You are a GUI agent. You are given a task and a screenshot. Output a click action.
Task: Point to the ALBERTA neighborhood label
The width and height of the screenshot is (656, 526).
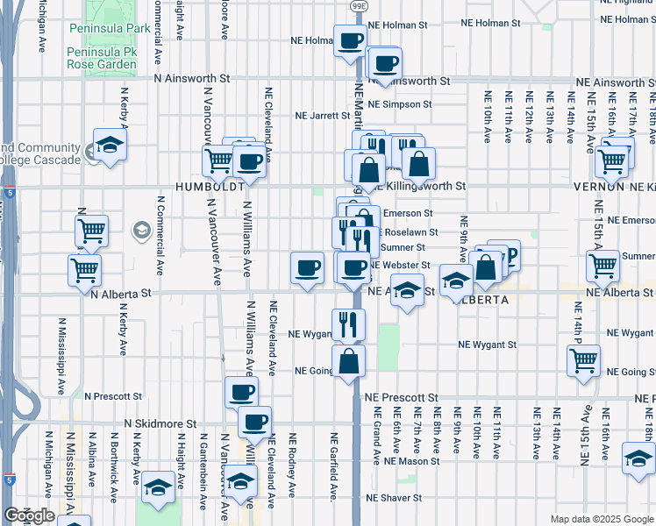pyautogui.click(x=481, y=299)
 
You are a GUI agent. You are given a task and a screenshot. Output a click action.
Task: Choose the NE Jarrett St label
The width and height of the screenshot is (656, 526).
pyautogui.click(x=323, y=115)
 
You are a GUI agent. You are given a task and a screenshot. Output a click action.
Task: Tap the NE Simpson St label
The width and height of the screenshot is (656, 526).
pyautogui.click(x=400, y=103)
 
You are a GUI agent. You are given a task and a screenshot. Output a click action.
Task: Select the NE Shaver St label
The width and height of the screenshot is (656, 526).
pyautogui.click(x=394, y=498)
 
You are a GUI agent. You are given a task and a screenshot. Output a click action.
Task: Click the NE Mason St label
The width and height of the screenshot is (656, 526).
pyautogui.click(x=411, y=460)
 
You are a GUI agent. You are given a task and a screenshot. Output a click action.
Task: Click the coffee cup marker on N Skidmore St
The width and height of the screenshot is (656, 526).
pyautogui.click(x=255, y=422)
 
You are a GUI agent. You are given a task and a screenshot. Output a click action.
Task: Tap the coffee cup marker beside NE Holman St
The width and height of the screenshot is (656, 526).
pyautogui.click(x=350, y=40)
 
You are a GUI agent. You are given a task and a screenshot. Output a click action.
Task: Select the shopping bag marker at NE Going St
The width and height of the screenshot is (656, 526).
pyautogui.click(x=348, y=359)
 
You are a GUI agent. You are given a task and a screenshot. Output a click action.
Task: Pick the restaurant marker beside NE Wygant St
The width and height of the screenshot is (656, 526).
pyautogui.click(x=348, y=324)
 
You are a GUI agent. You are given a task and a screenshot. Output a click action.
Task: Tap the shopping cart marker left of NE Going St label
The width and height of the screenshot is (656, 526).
pyautogui.click(x=583, y=359)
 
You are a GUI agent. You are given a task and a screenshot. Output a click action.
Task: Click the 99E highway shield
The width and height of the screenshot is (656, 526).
pyautogui.click(x=358, y=5)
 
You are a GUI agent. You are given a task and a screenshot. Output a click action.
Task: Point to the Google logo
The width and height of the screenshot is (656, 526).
pyautogui.click(x=29, y=515)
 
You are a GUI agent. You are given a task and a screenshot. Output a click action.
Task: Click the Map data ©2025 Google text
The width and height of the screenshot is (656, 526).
pyautogui.click(x=601, y=519)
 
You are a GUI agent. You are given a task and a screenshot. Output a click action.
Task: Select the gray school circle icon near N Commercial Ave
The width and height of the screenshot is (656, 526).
pyautogui.click(x=140, y=231)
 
